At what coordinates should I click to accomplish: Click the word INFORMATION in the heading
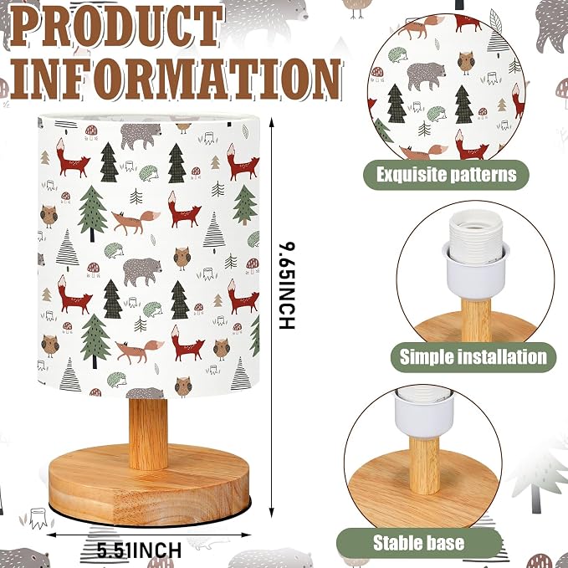(176, 79)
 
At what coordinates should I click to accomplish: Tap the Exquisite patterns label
(447, 175)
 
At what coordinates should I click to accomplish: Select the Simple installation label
(473, 357)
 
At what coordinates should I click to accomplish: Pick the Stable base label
(419, 543)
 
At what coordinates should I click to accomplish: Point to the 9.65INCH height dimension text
(287, 286)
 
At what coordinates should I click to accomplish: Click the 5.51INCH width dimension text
(139, 550)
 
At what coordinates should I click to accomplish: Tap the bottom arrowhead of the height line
(272, 512)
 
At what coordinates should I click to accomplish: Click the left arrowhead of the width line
(51, 535)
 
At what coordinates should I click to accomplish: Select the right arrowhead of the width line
(246, 535)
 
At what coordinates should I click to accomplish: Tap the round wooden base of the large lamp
(149, 485)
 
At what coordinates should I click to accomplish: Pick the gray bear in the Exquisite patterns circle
(426, 76)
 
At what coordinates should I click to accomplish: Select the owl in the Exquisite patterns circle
(466, 63)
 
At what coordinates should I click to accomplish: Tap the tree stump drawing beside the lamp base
(38, 518)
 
